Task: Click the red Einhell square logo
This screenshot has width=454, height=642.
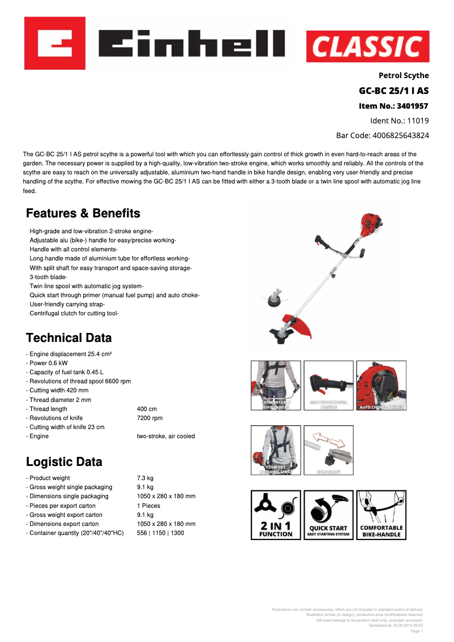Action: (54, 43)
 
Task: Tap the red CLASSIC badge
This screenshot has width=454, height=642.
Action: (367, 46)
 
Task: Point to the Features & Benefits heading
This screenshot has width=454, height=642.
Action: (83, 213)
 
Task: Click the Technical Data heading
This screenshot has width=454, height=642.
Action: (69, 338)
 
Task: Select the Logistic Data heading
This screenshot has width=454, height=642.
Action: (65, 462)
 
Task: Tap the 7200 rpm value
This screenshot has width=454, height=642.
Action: (149, 418)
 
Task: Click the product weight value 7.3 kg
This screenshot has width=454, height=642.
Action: (145, 478)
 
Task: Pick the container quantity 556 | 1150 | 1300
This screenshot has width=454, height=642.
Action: (160, 533)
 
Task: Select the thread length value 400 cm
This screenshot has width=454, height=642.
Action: (147, 409)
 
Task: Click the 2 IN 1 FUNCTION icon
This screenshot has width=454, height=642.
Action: (276, 515)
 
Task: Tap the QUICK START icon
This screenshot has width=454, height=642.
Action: (328, 515)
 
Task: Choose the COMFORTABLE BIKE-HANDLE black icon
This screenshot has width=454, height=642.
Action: (382, 515)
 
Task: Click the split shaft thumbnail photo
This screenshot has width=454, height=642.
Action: (328, 450)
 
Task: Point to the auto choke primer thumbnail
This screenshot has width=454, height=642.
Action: (381, 385)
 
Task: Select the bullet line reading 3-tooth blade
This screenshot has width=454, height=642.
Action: (48, 277)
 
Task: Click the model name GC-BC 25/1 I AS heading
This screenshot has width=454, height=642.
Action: (393, 91)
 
